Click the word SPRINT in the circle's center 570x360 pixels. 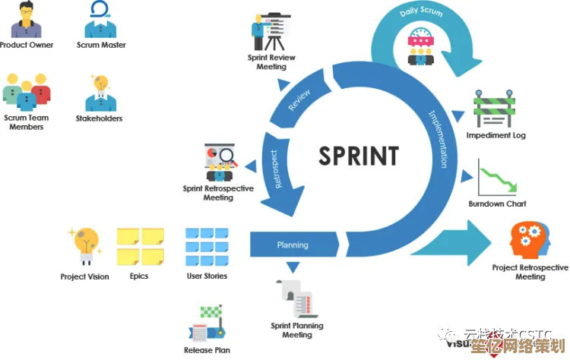click(x=358, y=156)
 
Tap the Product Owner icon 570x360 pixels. click(x=27, y=21)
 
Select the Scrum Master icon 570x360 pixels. click(x=100, y=21)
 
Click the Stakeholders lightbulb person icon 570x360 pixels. click(x=99, y=93)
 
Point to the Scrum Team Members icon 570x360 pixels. click(x=27, y=93)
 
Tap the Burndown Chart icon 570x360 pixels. click(x=497, y=178)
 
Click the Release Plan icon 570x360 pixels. click(x=207, y=324)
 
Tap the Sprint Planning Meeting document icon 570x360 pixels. click(x=297, y=299)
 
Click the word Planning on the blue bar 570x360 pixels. click(x=293, y=245)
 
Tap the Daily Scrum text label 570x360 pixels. click(x=420, y=13)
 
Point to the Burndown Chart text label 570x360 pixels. click(x=497, y=204)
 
